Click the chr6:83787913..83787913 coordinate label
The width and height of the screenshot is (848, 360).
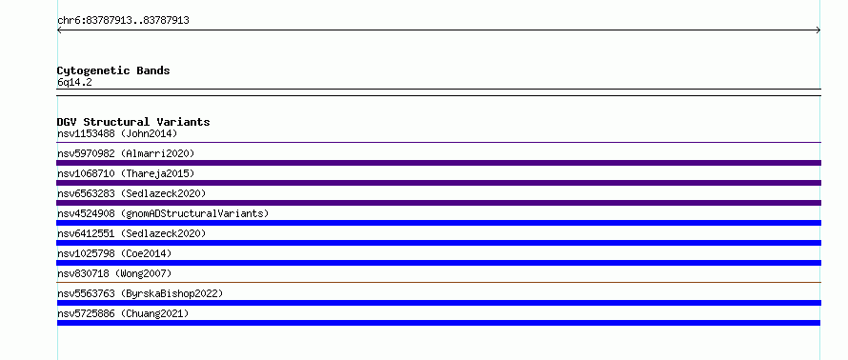click(x=123, y=21)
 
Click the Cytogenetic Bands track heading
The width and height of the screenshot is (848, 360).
click(x=113, y=70)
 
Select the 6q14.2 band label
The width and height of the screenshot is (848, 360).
click(x=74, y=82)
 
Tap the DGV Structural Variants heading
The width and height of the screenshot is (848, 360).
click(x=133, y=122)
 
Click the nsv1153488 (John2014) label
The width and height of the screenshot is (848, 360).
click(x=117, y=133)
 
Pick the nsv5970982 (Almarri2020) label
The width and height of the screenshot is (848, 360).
click(x=126, y=153)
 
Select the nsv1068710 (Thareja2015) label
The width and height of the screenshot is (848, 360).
click(x=126, y=173)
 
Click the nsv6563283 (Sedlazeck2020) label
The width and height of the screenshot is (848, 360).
click(x=131, y=193)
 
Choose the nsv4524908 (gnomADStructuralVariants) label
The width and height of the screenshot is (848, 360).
click(x=163, y=213)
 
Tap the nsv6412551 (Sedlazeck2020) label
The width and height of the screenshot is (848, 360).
click(x=131, y=233)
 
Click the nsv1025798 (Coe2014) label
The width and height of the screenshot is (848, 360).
click(x=114, y=253)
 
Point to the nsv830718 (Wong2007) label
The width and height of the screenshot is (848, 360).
click(x=114, y=273)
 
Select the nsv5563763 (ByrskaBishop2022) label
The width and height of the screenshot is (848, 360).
click(x=140, y=293)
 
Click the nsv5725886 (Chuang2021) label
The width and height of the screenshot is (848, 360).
click(x=123, y=313)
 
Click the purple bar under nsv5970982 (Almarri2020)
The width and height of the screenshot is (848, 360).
click(x=438, y=163)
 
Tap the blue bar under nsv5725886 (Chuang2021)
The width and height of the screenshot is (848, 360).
click(x=438, y=323)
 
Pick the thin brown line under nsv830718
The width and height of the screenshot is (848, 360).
click(x=438, y=282)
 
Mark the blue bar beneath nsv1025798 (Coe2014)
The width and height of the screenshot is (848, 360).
click(x=438, y=263)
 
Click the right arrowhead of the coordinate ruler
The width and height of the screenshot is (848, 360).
click(x=818, y=30)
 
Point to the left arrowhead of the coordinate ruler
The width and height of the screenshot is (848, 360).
click(x=59, y=30)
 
